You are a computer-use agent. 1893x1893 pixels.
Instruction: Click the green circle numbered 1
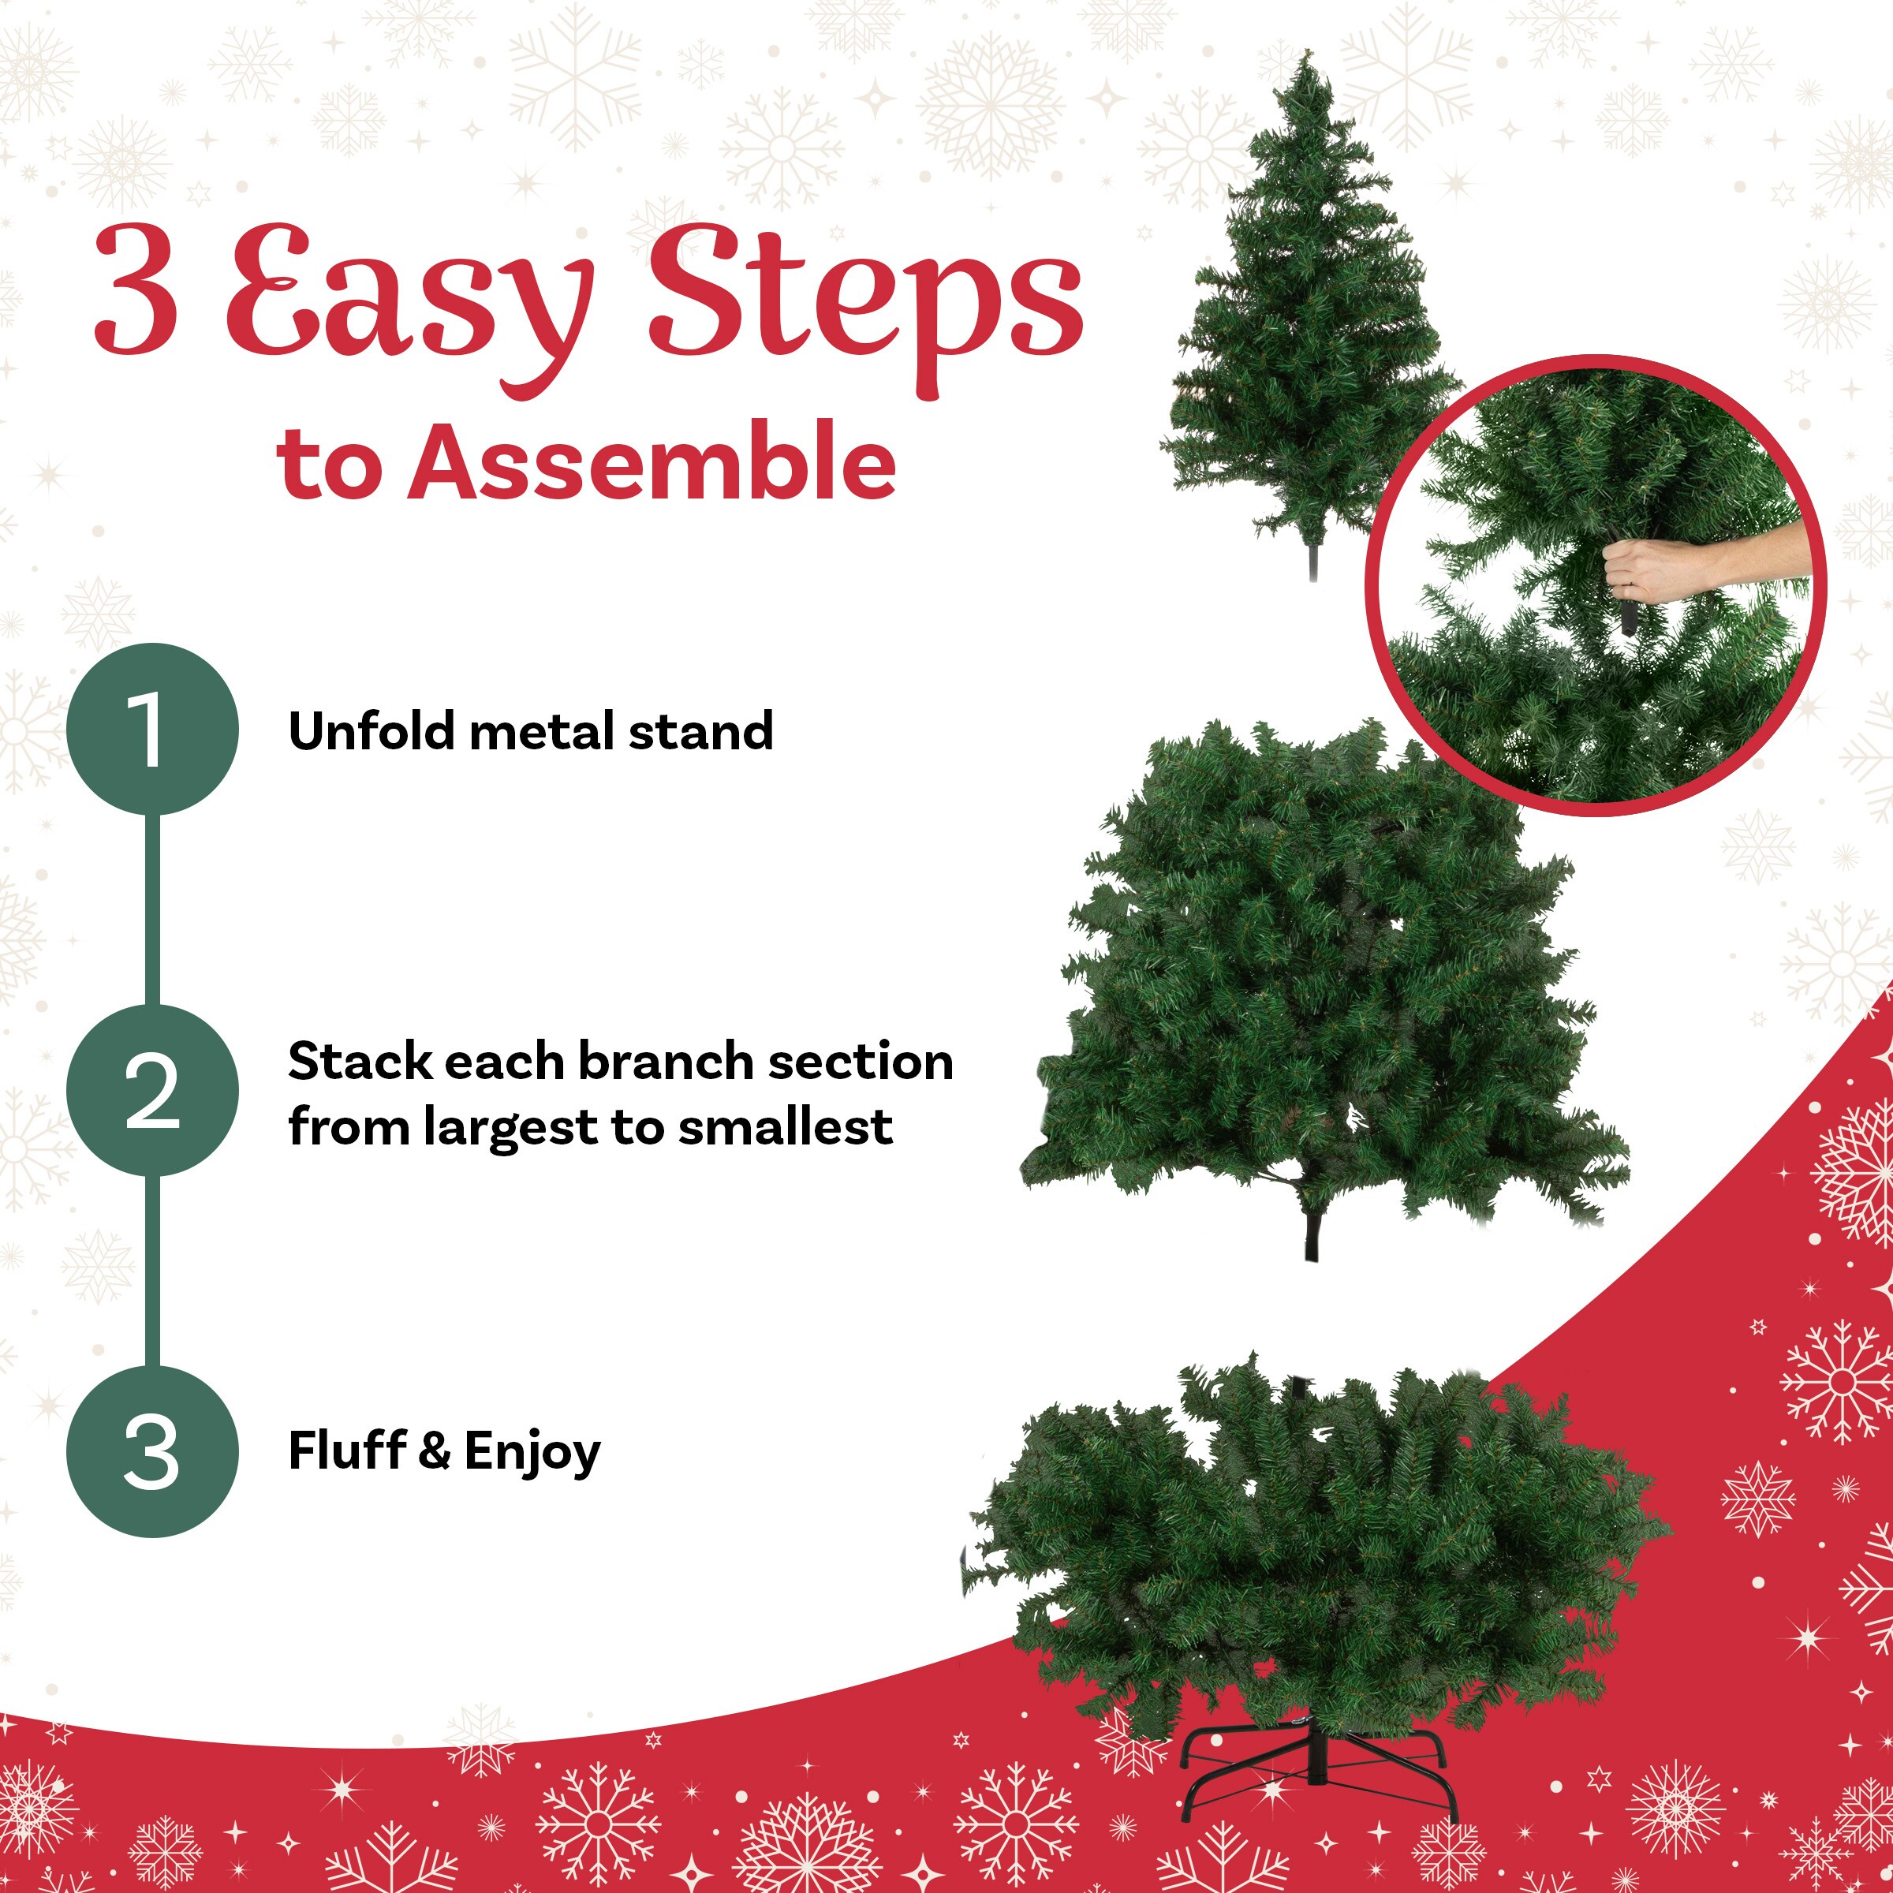pos(152,728)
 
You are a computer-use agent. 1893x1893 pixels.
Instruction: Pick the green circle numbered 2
pos(152,1089)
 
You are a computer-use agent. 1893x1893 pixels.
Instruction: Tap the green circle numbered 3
pos(152,1451)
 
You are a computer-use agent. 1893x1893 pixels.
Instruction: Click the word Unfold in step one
pos(372,731)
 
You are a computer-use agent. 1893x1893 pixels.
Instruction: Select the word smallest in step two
pos(785,1127)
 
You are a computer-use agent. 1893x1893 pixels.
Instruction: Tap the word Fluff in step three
pos(347,1451)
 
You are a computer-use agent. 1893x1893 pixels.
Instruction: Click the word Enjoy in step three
pos(532,1454)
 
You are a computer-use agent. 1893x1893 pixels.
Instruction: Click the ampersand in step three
pos(434,1452)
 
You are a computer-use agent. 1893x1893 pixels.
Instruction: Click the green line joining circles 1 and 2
pos(152,909)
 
